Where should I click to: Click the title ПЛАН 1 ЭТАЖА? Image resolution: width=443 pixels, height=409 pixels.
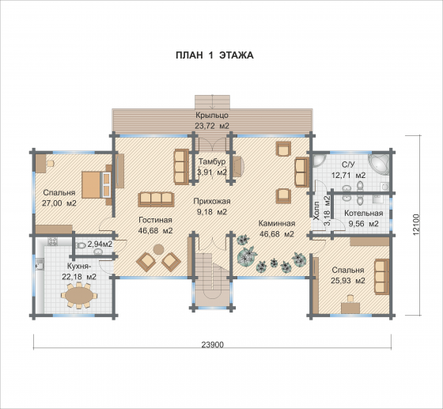214,55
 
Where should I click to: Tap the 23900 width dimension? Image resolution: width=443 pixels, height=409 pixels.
213,345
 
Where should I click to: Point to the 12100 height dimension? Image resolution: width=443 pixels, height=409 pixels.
418,225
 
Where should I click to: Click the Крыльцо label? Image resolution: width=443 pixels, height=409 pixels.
212,116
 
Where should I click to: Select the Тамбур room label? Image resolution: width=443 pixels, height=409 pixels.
212,161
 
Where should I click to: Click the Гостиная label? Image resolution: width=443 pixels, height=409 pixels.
155,220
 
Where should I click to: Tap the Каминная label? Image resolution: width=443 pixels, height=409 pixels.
277,223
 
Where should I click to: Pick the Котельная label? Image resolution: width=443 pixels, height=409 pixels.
364,214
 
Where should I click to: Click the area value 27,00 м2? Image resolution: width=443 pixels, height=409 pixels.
59,203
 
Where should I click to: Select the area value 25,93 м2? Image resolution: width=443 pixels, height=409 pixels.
348,281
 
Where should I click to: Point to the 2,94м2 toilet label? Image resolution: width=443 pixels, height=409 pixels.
100,244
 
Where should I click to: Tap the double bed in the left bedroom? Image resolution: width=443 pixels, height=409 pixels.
97,185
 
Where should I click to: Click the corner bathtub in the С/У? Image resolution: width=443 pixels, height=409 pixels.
379,165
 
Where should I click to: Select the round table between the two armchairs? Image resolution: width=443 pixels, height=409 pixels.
158,249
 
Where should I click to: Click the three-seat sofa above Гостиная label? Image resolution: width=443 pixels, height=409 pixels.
156,199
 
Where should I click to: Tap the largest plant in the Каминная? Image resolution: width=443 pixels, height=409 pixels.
247,256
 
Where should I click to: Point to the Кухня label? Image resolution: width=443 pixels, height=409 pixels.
79,267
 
